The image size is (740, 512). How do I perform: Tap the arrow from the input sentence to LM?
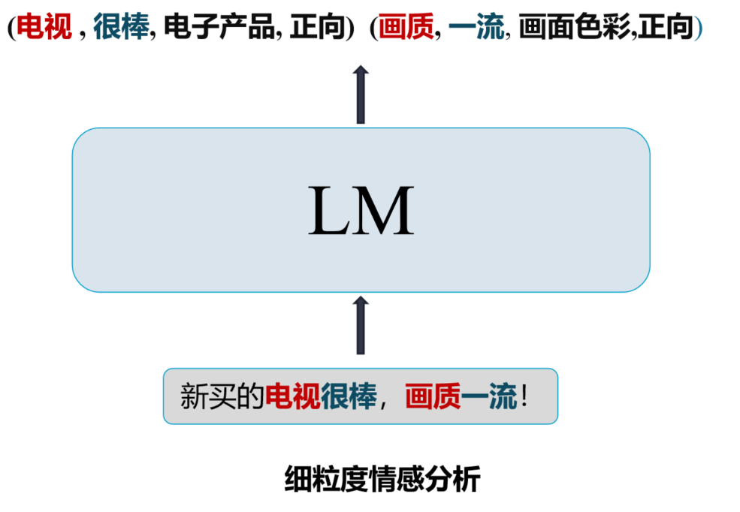[x=361, y=325]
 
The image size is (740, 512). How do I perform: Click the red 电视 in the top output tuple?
[x=44, y=29]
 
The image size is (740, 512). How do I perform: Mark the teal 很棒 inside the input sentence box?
[x=349, y=396]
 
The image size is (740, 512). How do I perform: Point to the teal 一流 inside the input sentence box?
[x=489, y=396]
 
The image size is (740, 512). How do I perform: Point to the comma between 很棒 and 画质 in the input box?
[x=385, y=401]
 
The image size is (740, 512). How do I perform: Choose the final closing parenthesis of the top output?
[x=698, y=29]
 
